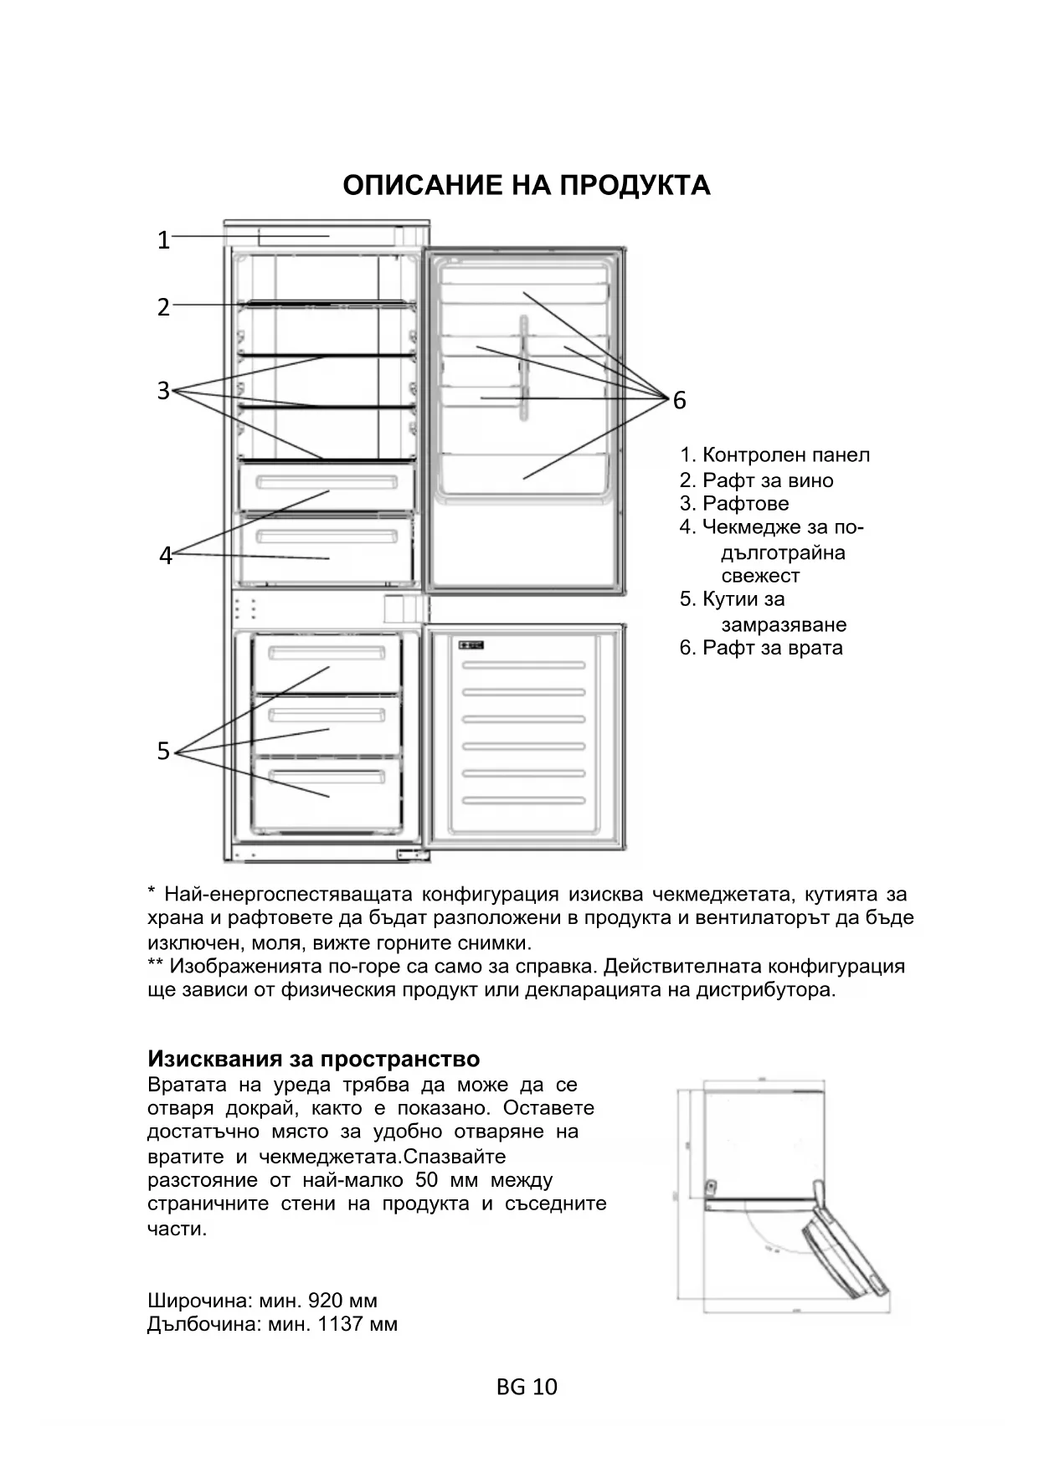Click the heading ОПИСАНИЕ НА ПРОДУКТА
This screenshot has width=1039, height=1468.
tap(526, 185)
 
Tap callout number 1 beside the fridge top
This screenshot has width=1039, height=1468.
tap(163, 241)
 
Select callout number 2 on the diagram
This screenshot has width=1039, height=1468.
tap(163, 307)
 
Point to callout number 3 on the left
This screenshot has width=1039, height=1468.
tap(163, 391)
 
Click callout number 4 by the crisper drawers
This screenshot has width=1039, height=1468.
tap(166, 556)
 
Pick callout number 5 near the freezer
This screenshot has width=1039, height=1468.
tap(163, 752)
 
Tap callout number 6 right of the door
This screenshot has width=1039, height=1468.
tap(679, 401)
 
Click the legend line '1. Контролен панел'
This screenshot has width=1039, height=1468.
tap(774, 455)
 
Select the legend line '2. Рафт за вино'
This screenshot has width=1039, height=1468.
tap(756, 480)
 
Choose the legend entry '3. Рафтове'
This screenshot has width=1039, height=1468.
tap(734, 504)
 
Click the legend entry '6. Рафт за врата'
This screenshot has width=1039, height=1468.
tap(761, 648)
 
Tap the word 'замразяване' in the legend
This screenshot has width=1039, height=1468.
tap(784, 624)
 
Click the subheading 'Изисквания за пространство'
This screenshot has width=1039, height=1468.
tap(313, 1059)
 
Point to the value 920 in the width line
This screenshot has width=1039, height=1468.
tap(326, 1301)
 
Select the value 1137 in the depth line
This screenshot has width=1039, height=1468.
tap(337, 1324)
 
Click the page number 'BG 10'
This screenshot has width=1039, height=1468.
tap(527, 1387)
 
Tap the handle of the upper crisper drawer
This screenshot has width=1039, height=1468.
tap(327, 483)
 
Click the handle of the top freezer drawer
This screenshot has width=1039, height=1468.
tap(327, 652)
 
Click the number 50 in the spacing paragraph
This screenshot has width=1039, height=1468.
tap(426, 1180)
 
